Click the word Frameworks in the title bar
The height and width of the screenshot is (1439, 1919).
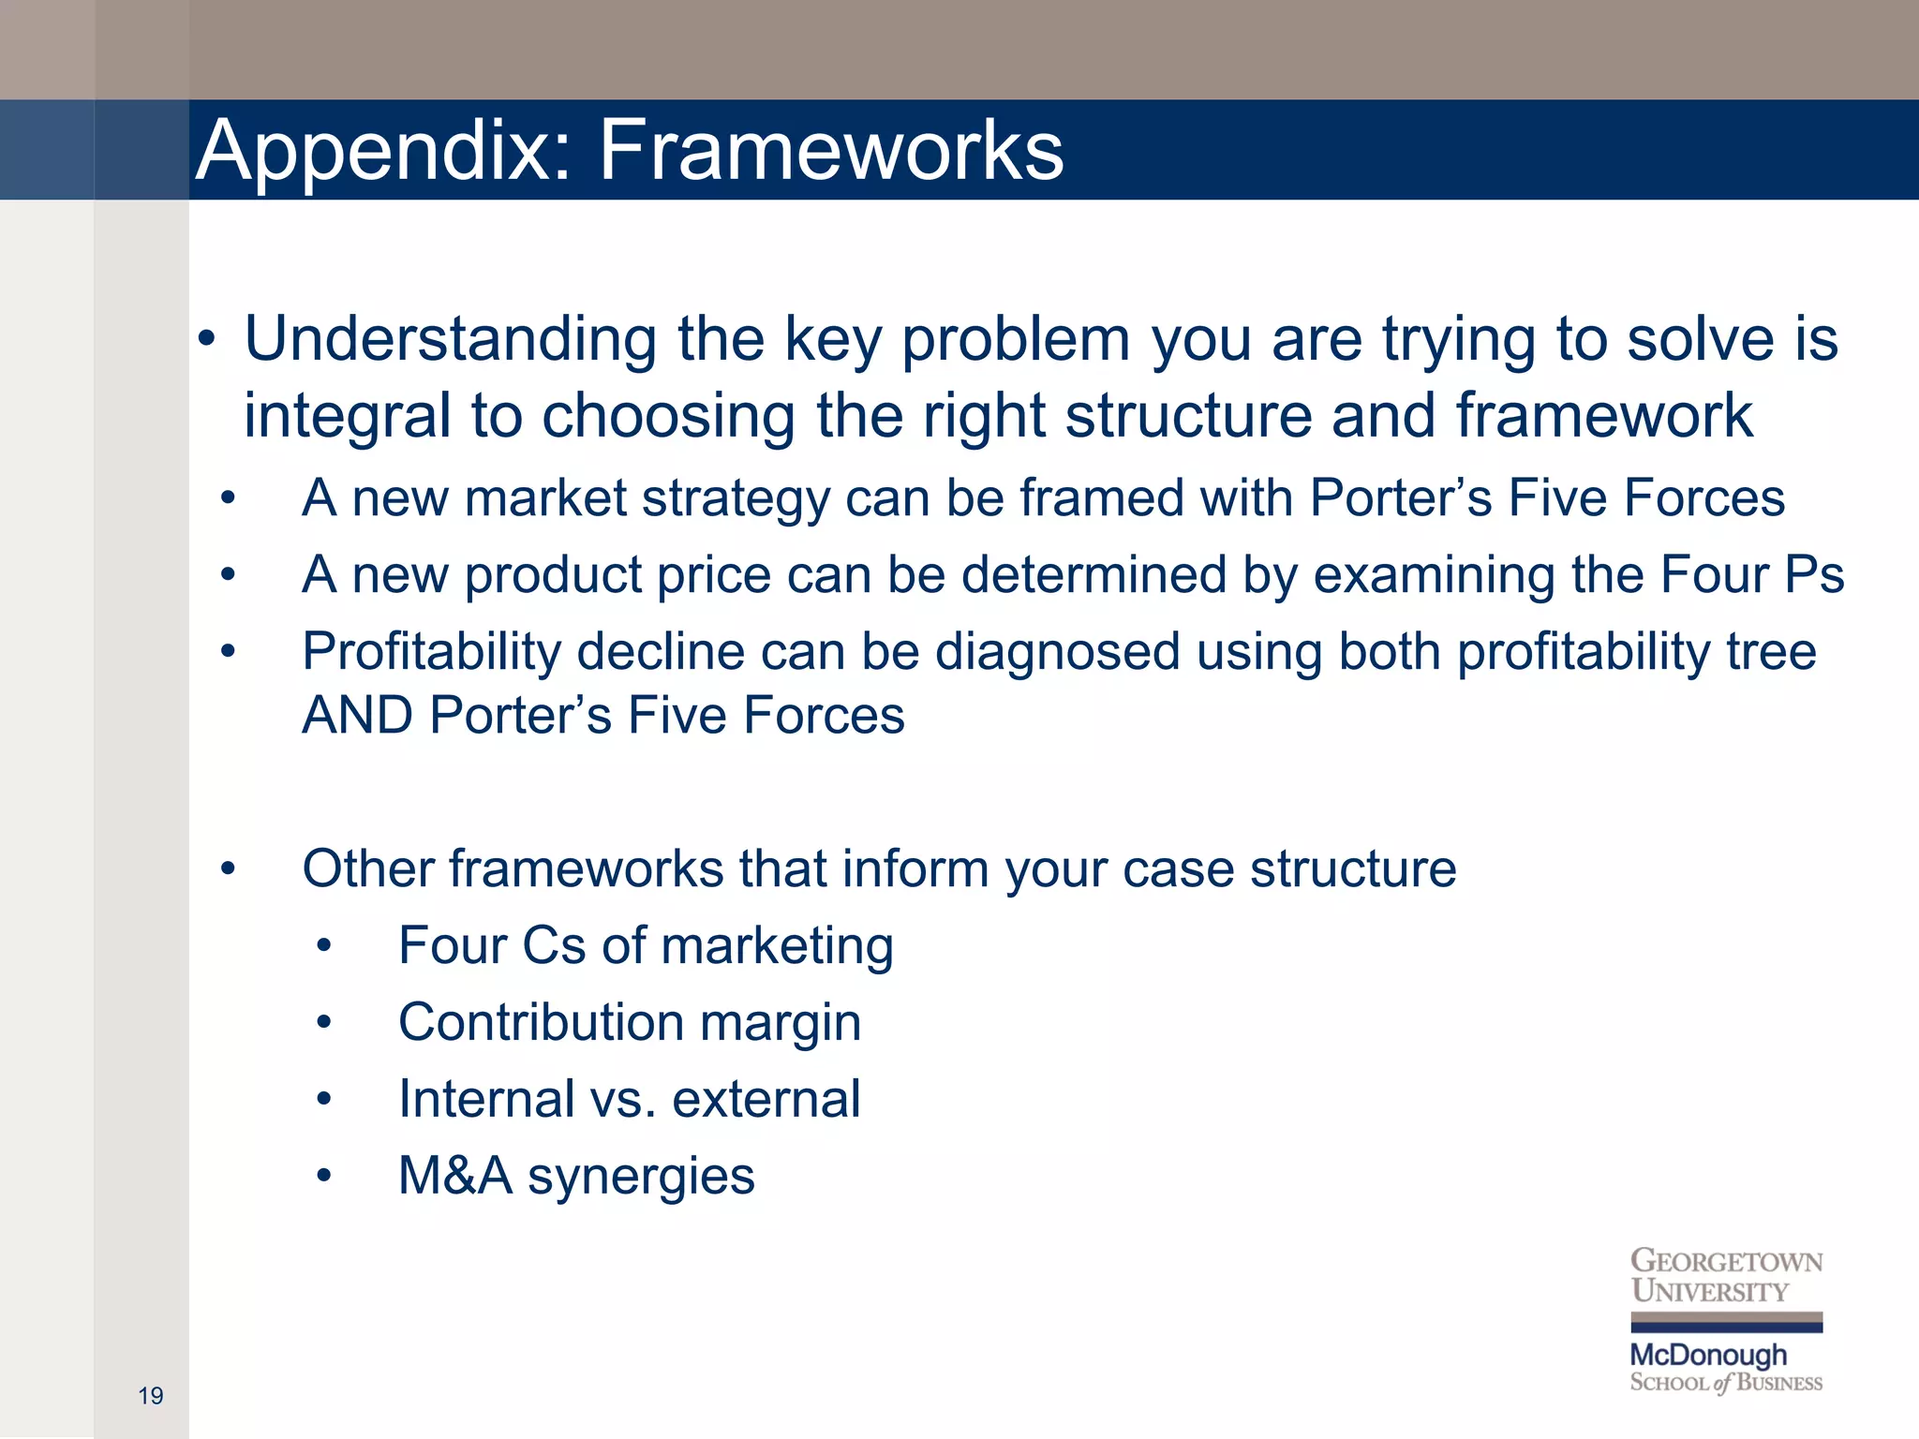coord(830,150)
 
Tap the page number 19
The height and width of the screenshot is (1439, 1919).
coord(150,1396)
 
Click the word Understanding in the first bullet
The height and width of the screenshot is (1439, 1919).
coord(450,339)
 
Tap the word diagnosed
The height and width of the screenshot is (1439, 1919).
coord(1056,651)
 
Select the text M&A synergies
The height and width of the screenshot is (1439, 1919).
coord(575,1176)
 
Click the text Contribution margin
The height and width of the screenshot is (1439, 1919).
coord(629,1022)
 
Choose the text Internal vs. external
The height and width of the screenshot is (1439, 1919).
coord(629,1099)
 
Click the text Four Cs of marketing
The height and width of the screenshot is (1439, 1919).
coord(645,945)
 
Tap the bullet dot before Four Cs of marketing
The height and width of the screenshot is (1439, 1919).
coord(324,946)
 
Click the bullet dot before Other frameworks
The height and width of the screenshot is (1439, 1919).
coord(228,869)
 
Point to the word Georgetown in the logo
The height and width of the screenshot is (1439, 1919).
coord(1726,1261)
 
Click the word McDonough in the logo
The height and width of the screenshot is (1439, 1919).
coord(1708,1355)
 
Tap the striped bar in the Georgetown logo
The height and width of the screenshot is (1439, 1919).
coord(1726,1322)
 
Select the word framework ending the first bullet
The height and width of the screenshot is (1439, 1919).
coord(1603,417)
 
